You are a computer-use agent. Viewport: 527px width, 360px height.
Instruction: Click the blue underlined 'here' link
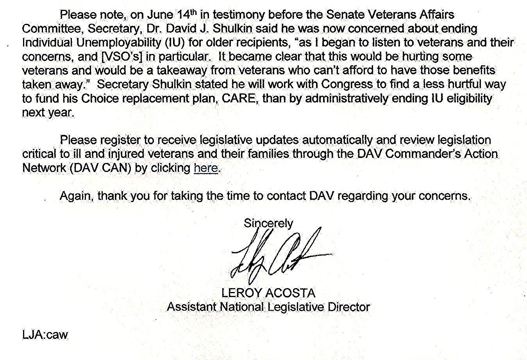click(205, 168)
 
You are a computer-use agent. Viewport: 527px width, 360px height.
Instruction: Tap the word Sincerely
click(268, 223)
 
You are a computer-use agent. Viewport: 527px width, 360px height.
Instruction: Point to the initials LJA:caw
click(45, 335)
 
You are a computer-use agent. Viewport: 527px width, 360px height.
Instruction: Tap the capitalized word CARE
click(238, 98)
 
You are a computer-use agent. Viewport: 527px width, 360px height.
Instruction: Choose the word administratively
click(347, 98)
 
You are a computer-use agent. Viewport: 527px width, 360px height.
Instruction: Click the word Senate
click(344, 15)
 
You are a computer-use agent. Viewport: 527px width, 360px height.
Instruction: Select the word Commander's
click(423, 154)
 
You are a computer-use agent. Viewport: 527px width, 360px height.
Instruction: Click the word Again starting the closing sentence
click(76, 195)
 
